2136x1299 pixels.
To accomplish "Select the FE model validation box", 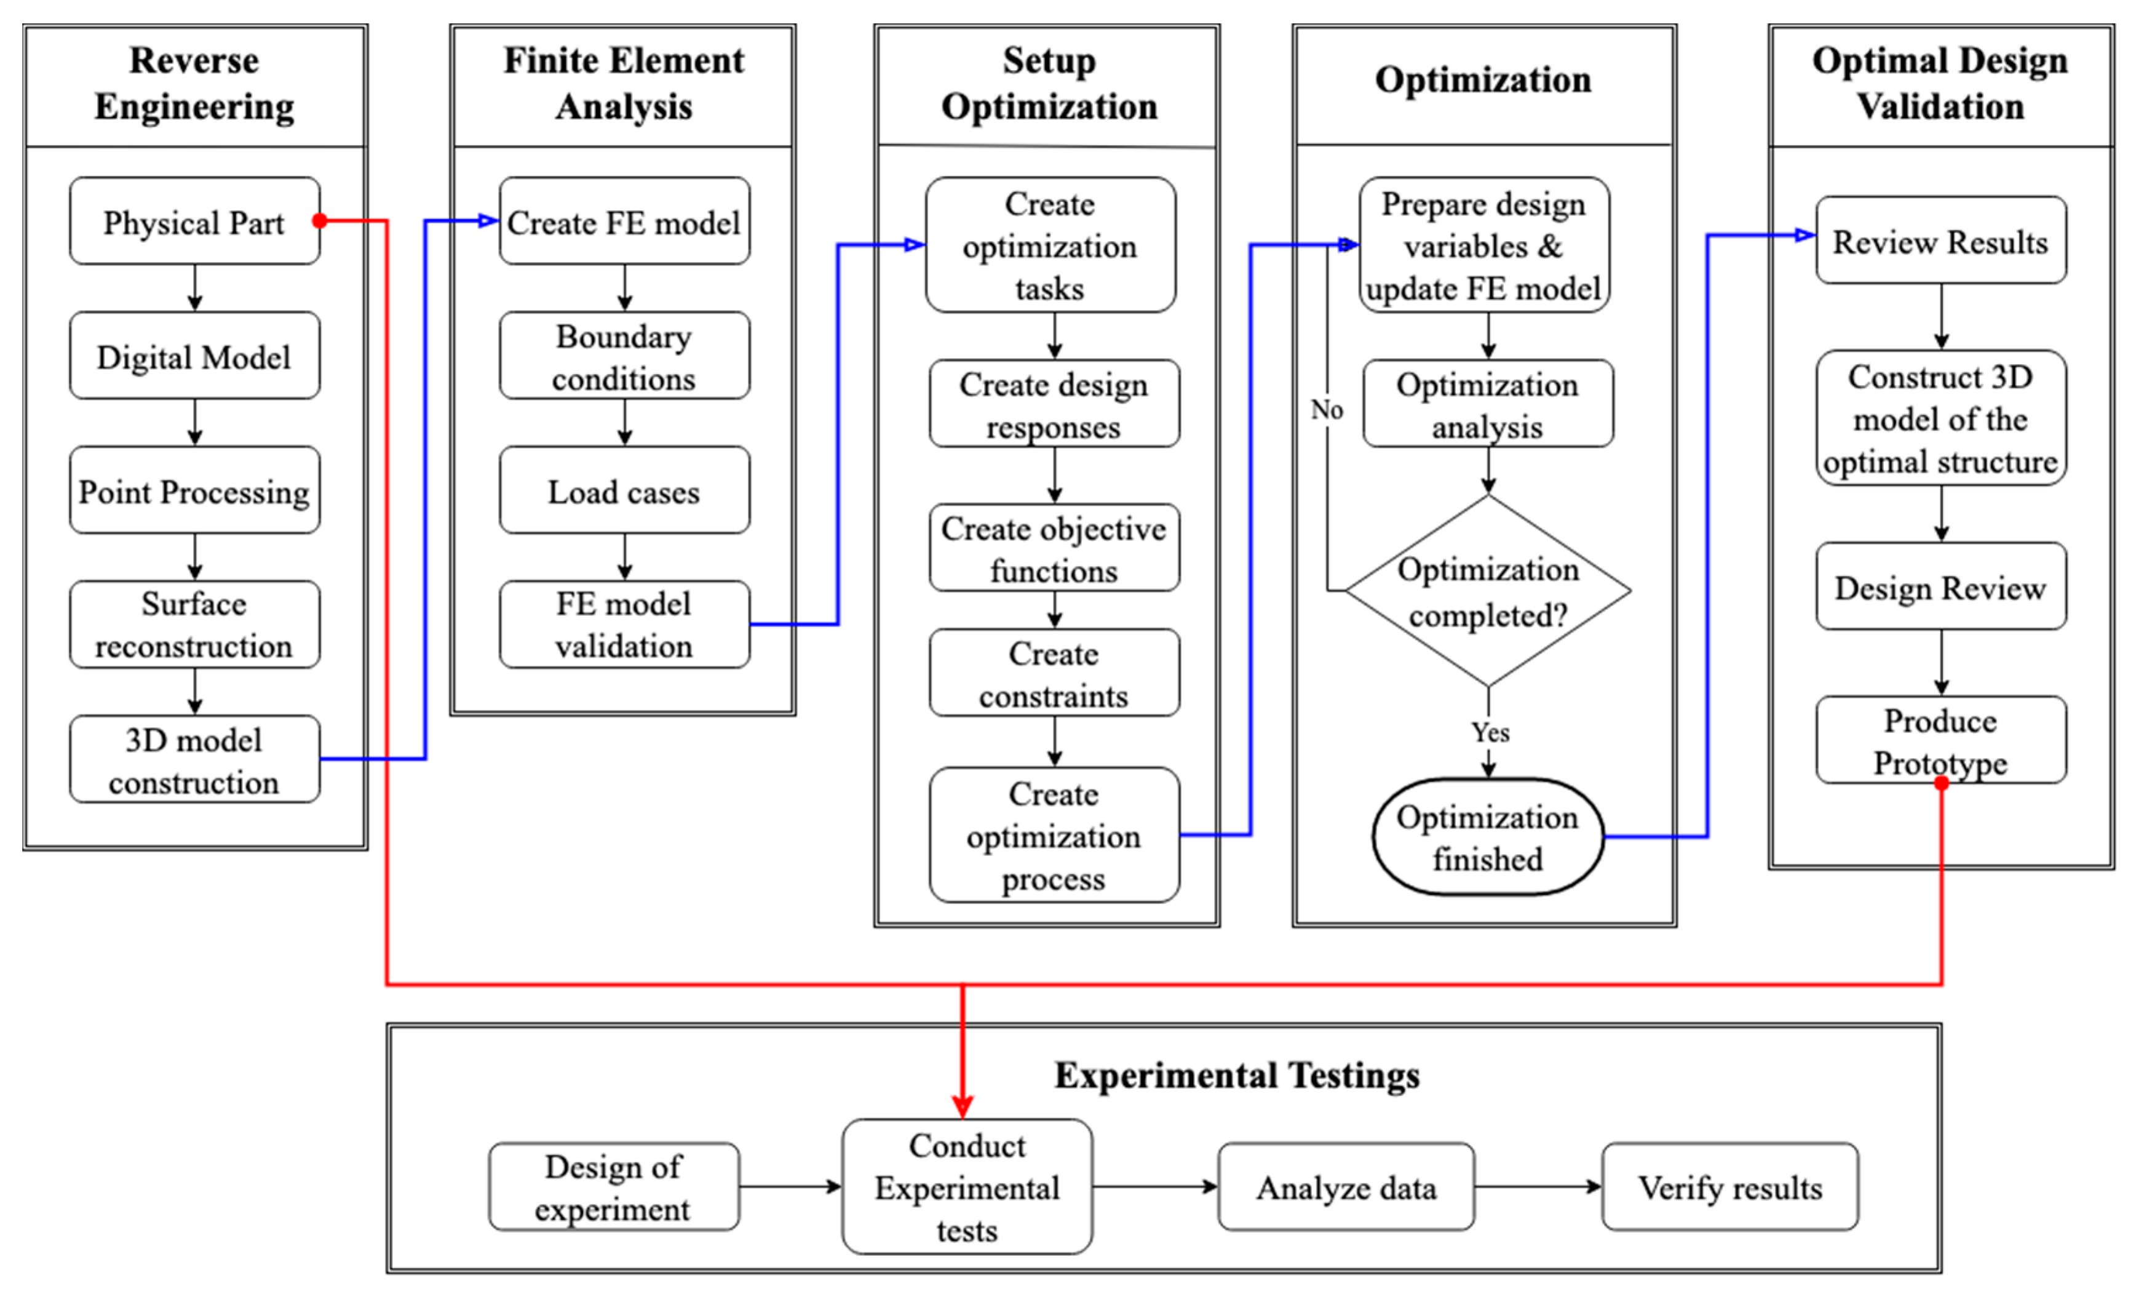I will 624,625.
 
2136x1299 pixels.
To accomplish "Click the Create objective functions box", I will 1054,548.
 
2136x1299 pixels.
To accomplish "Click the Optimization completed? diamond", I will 1488,591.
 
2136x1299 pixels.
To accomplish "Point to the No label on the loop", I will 1327,409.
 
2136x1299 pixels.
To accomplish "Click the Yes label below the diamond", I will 1490,733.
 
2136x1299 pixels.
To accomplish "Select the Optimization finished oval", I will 1488,837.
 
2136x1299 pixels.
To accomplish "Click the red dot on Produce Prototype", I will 1941,783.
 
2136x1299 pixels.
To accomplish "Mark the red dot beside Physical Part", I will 320,220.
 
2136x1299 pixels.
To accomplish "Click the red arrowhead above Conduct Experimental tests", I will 963,1106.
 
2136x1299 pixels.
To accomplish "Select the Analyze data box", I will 1346,1186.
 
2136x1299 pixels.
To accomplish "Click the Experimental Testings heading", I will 1236,1074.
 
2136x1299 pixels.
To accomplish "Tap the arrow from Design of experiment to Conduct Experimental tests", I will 790,1186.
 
